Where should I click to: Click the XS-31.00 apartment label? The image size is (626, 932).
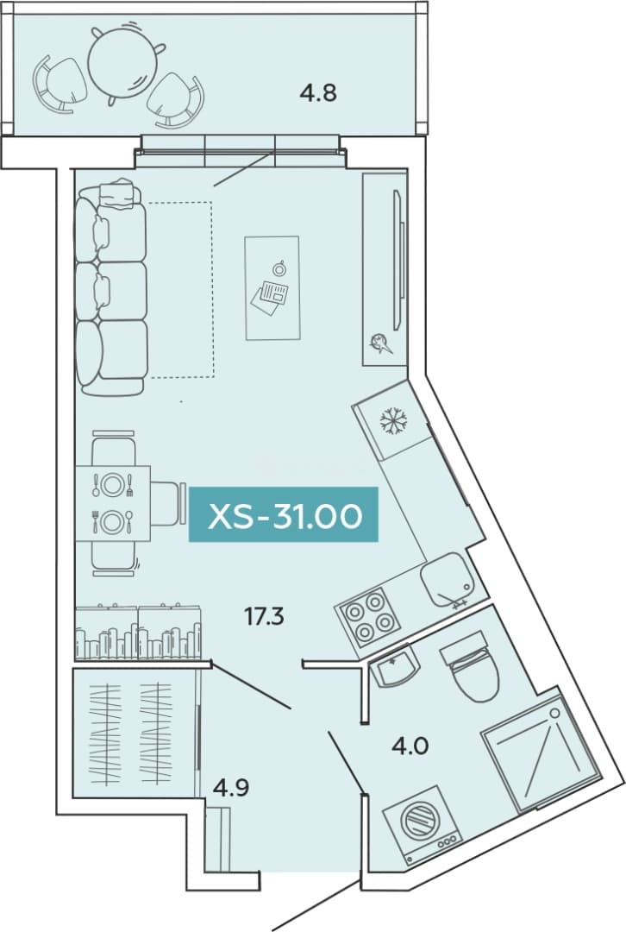[x=284, y=514]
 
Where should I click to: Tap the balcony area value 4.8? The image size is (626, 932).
[x=318, y=92]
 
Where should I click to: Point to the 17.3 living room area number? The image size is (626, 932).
[x=265, y=617]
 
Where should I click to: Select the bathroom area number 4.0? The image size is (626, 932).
[x=410, y=745]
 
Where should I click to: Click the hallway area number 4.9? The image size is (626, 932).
[x=231, y=788]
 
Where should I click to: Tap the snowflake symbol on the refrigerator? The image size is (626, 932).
[x=392, y=421]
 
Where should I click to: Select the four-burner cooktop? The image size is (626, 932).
[x=366, y=618]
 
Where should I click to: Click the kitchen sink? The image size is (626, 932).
[x=448, y=580]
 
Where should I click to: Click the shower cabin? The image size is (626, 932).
[x=541, y=752]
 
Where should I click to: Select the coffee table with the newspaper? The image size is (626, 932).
[x=272, y=287]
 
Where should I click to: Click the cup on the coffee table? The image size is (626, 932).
[x=278, y=268]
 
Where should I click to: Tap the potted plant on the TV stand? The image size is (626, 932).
[x=379, y=343]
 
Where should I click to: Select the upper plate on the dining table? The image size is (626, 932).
[x=111, y=485]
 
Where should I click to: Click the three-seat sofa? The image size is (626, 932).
[x=111, y=287]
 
